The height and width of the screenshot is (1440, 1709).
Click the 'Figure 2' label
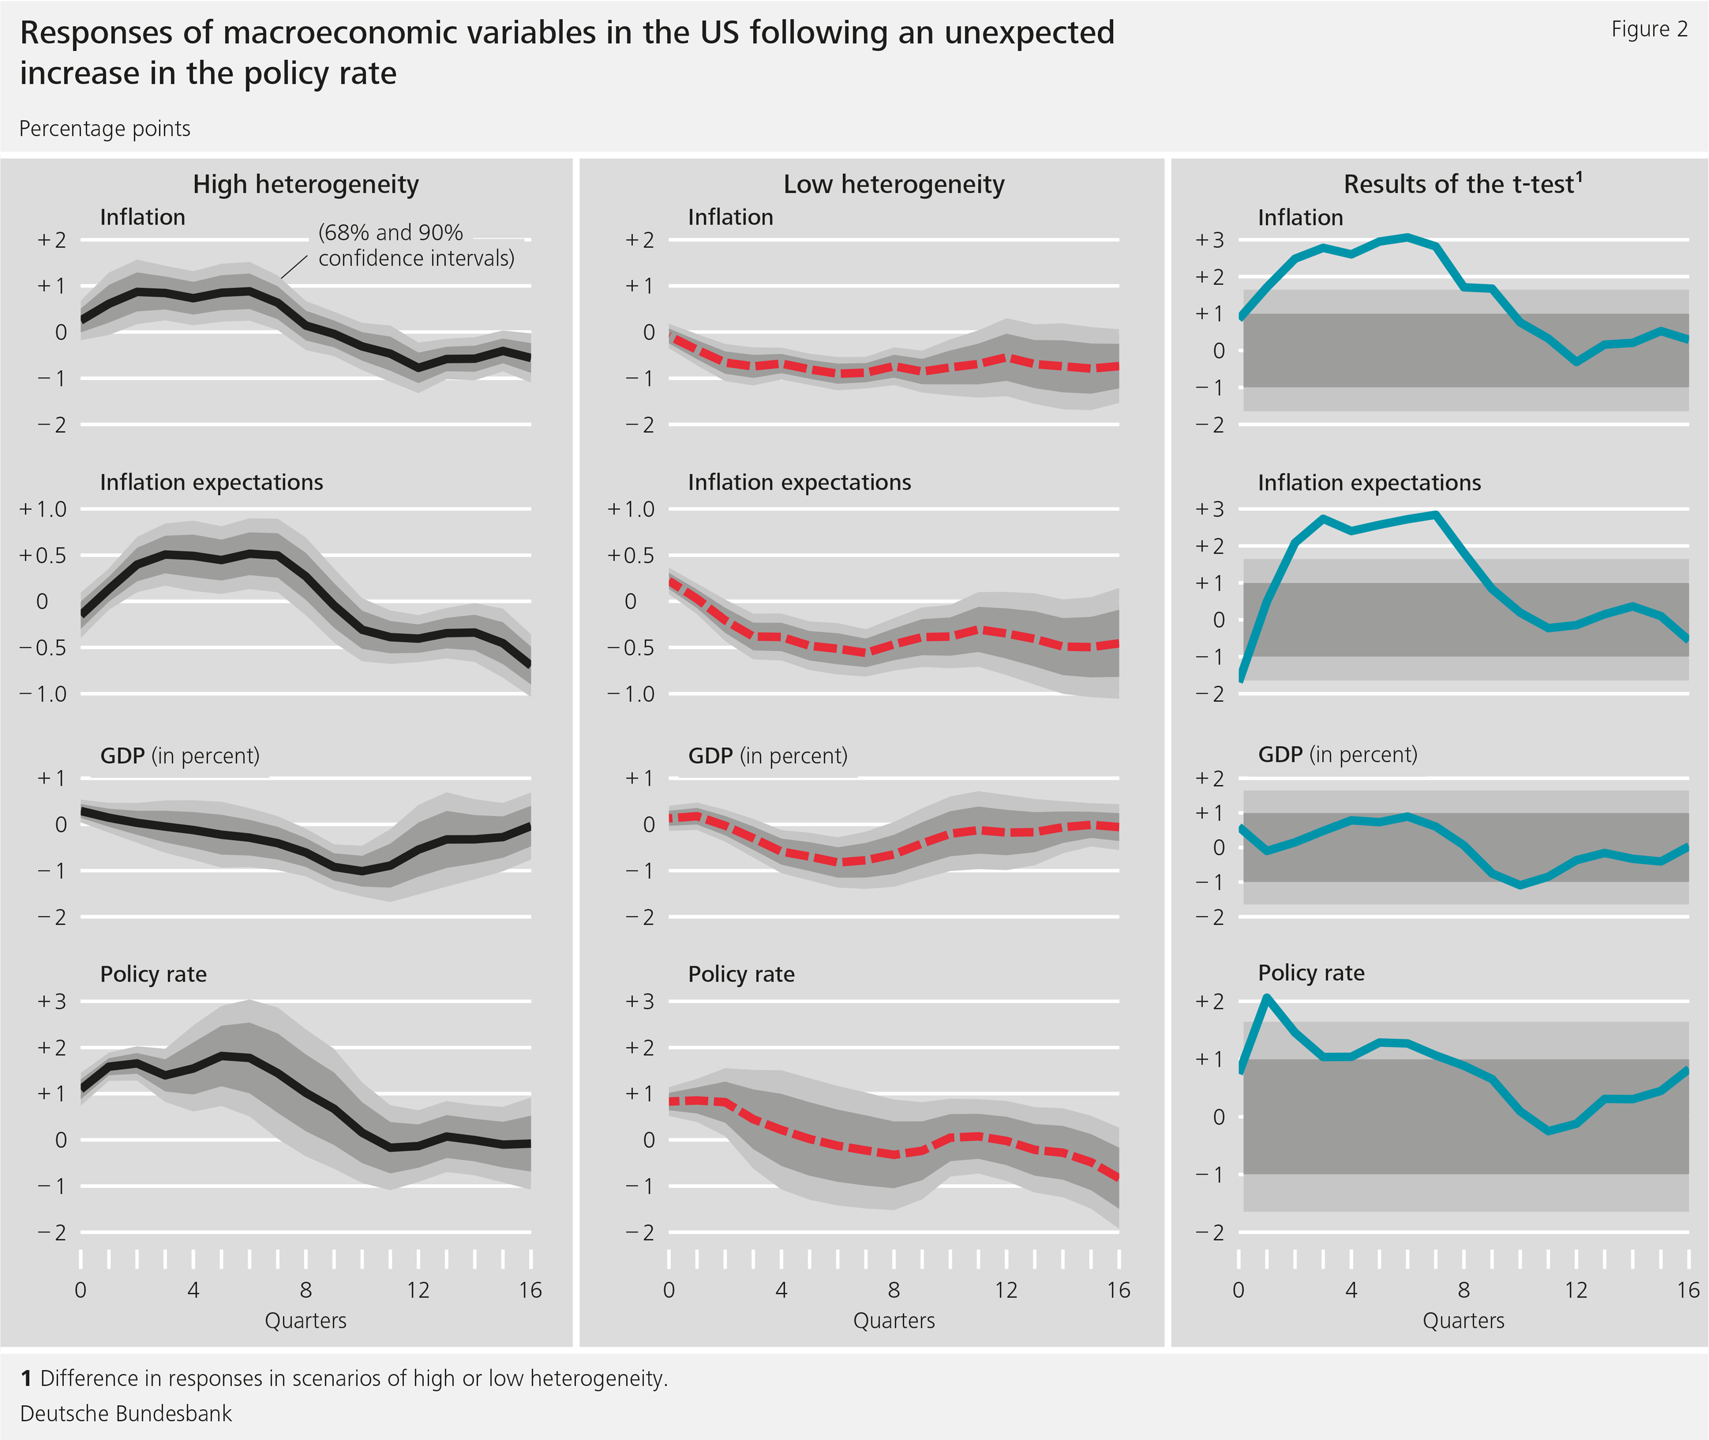(1649, 30)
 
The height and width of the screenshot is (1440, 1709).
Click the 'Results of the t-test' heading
(1462, 185)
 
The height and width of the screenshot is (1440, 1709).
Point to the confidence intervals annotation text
(416, 245)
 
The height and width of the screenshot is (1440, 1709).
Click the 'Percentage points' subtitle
(104, 129)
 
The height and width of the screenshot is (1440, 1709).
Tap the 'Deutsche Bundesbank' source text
(126, 1413)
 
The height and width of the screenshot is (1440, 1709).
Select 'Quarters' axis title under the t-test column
(1463, 1321)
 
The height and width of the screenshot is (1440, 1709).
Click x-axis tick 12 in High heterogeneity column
(418, 1290)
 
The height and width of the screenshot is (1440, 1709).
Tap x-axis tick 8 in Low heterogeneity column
(894, 1290)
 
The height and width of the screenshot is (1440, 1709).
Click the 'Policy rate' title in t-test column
(1311, 973)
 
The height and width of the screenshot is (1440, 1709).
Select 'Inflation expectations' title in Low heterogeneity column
(799, 482)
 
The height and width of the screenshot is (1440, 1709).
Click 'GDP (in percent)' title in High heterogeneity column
(179, 756)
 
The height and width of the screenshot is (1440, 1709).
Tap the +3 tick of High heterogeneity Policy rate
(51, 1001)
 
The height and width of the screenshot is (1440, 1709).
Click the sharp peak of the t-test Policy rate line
(1266, 997)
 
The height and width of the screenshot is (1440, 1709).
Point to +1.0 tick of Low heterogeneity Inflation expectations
(631, 509)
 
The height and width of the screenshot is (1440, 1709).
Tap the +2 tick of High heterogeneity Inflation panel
(51, 240)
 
